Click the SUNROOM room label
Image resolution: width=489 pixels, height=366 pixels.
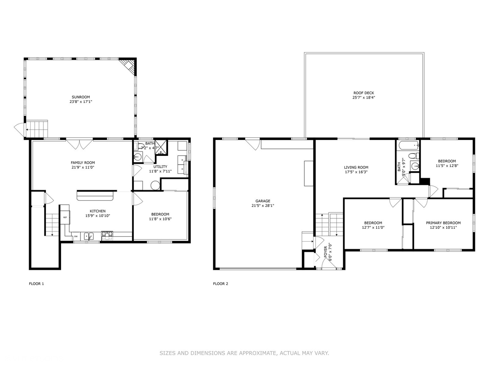81,97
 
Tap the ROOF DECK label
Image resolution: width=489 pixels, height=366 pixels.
363,93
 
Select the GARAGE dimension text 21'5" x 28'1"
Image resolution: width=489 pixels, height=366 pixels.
262,205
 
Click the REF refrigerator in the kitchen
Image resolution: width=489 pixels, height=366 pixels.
65,218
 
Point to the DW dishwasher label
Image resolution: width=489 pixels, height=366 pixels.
76,237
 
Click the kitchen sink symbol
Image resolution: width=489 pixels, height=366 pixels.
89,236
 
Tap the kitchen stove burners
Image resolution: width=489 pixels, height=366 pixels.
107,234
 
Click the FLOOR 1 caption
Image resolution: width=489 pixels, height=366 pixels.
36,284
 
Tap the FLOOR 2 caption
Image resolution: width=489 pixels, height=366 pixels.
220,284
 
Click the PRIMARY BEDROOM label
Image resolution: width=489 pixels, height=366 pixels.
443,223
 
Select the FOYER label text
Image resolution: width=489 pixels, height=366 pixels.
325,252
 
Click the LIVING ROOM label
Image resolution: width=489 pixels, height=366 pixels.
356,167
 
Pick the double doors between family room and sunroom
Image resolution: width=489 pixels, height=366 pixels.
79,144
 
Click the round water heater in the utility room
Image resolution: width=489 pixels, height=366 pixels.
155,185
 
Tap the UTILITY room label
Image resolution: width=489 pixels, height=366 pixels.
160,167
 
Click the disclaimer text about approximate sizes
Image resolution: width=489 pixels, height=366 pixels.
244,353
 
